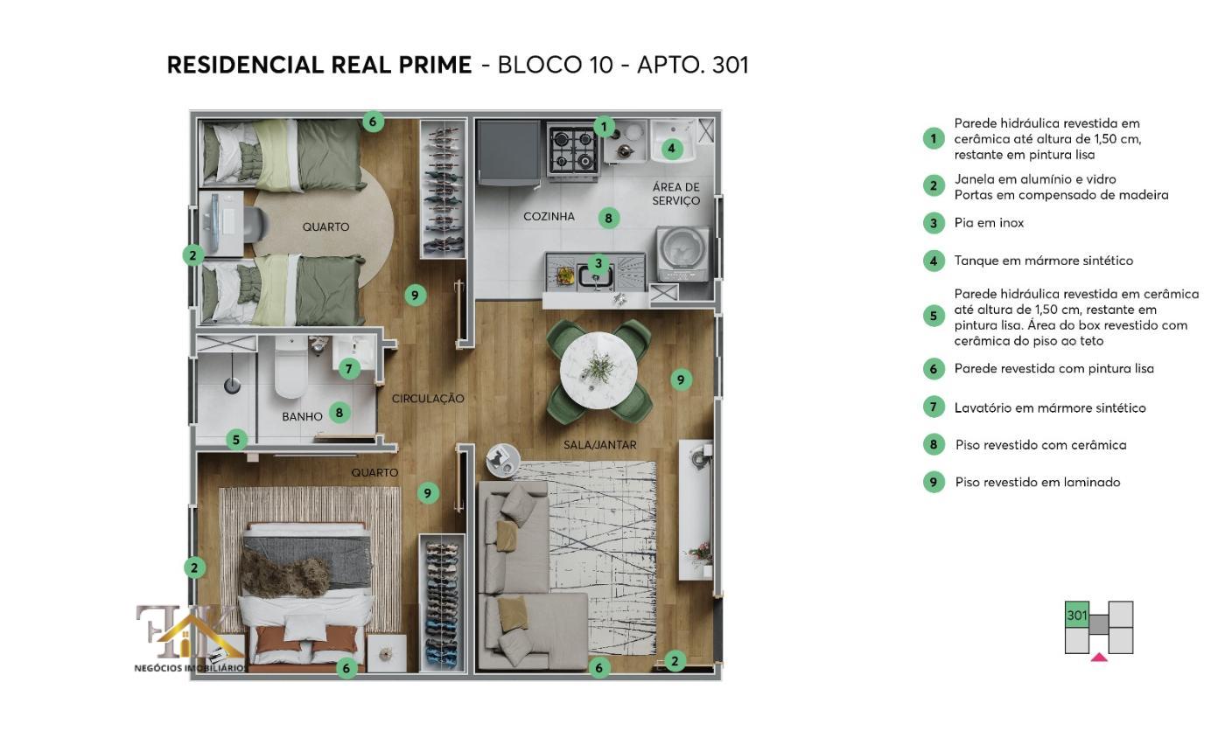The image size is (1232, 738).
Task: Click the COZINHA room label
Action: point(549,217)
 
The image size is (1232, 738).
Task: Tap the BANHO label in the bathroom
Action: point(302,417)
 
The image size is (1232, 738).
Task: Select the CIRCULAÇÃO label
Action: point(428,399)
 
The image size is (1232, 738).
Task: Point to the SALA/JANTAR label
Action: point(599,445)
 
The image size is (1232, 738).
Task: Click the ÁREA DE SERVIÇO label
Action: point(676,194)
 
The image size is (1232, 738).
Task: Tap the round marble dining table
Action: point(599,370)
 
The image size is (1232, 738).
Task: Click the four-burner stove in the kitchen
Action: point(573,149)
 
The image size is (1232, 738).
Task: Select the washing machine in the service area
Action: point(682,254)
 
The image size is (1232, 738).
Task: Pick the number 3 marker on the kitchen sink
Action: point(598,264)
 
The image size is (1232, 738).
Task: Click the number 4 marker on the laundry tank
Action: point(671,149)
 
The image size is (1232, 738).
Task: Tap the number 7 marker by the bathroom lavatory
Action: point(349,369)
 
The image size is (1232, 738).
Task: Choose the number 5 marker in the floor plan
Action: point(236,440)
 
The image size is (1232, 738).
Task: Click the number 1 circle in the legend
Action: point(934,138)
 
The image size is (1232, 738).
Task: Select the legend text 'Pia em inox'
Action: point(989,223)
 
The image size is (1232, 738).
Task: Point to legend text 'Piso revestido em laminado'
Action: point(1037,483)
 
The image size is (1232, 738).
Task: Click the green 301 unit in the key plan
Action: point(1077,615)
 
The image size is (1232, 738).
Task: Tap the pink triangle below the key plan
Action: point(1099,657)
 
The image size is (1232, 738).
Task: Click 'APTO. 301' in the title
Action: point(692,65)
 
